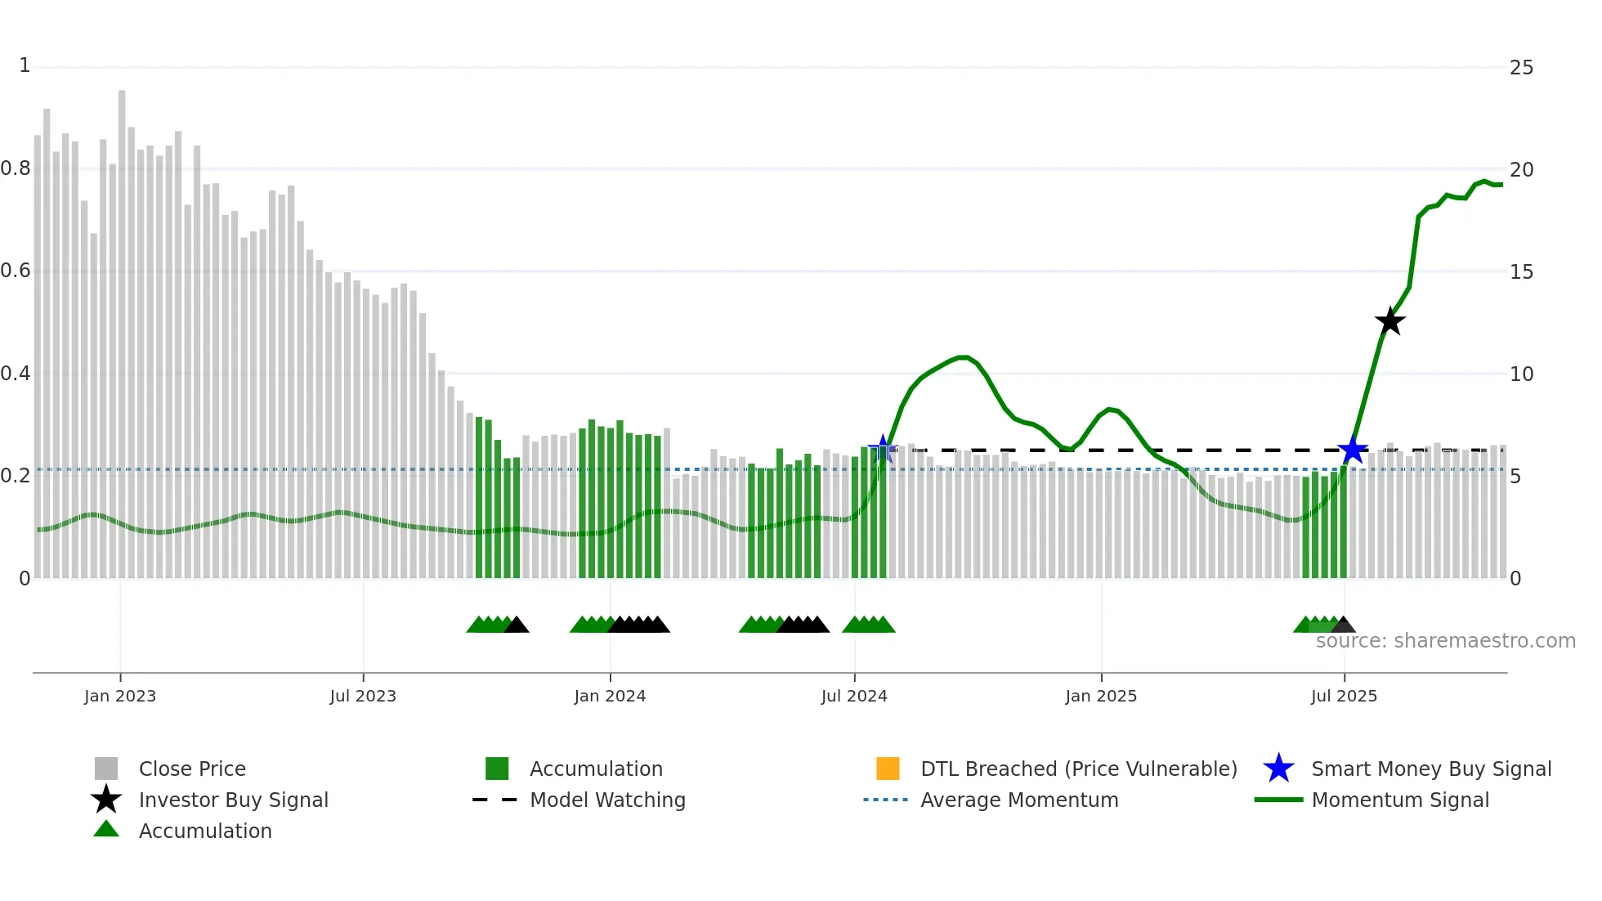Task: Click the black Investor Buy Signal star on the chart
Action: [1389, 321]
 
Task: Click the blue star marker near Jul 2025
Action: [1353, 450]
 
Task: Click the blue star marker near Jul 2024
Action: [883, 448]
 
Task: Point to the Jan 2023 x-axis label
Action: [120, 696]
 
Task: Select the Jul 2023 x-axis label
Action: [363, 696]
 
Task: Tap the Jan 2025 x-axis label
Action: [1101, 696]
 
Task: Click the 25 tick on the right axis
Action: [1521, 68]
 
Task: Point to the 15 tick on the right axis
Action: [1521, 272]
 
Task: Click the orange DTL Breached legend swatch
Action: [888, 769]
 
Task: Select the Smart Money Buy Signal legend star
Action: [1278, 769]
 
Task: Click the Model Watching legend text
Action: [607, 800]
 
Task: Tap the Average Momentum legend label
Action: [1019, 800]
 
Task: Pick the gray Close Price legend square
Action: [106, 769]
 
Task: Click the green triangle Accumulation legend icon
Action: [106, 829]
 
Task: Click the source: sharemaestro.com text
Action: [1445, 641]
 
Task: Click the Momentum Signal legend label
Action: [1400, 800]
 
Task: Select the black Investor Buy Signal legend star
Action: [106, 800]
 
